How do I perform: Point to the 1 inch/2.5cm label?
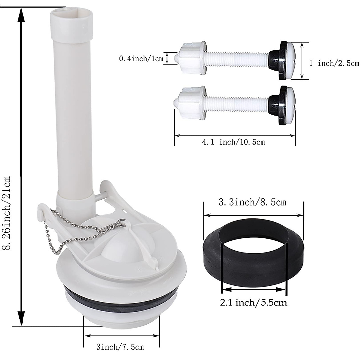(334, 64)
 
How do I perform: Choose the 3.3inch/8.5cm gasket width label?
(252, 202)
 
